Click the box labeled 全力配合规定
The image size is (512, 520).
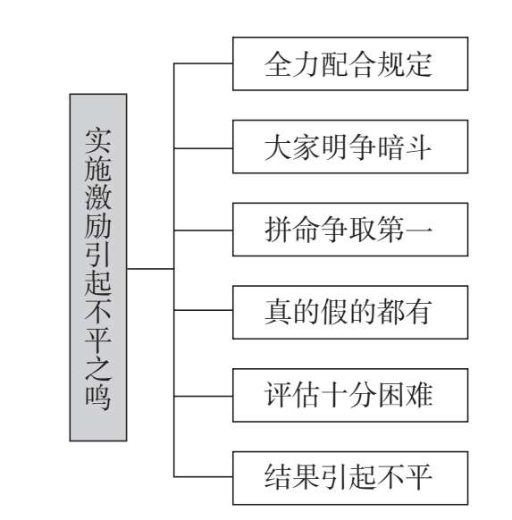point(350,63)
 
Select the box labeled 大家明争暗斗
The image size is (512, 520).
point(350,147)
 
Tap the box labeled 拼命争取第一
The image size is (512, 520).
point(350,230)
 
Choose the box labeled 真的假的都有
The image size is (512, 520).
point(350,313)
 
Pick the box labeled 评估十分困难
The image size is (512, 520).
point(350,395)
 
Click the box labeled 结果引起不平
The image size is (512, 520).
point(350,478)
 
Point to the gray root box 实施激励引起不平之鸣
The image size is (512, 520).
point(98,268)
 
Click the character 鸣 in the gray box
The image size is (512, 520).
point(98,397)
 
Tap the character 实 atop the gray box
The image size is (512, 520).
point(98,141)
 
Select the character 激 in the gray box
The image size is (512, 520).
point(98,197)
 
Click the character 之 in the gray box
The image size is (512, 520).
point(98,368)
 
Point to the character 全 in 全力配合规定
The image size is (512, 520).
point(278,64)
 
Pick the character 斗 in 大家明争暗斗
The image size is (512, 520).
point(418,147)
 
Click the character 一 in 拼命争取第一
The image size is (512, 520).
point(418,230)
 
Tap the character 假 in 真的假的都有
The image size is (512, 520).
point(334,312)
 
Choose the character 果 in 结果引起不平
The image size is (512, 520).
point(306,477)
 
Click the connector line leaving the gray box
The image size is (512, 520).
point(150,269)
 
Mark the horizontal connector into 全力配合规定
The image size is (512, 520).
point(203,63)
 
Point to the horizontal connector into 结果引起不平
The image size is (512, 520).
point(203,477)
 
